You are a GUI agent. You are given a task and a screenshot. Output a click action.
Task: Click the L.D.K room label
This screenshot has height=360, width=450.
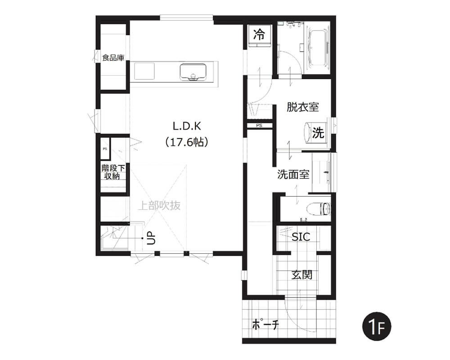click(x=187, y=126)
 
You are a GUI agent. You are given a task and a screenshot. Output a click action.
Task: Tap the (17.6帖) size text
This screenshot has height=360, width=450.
click(x=187, y=142)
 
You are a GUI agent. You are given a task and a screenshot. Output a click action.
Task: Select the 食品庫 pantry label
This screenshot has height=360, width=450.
click(x=113, y=58)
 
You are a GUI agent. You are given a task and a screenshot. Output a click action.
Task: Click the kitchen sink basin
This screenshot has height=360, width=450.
click(x=193, y=72)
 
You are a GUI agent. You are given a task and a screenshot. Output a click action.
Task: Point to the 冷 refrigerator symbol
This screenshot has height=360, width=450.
click(x=259, y=35)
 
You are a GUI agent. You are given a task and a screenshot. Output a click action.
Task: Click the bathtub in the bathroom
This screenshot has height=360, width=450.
click(x=317, y=49)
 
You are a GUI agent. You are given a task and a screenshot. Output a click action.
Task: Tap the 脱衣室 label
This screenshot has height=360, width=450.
click(x=302, y=107)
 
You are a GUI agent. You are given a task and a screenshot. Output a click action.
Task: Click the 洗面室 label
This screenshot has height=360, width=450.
click(x=293, y=174)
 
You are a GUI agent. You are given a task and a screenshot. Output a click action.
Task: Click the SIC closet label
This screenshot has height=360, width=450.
click(x=301, y=237)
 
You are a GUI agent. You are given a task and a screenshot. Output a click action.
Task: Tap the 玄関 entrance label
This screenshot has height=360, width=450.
click(x=302, y=275)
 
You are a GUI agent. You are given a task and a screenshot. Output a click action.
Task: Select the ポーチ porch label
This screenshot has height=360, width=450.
click(x=265, y=325)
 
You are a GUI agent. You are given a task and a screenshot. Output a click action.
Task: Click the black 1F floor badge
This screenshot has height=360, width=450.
click(x=377, y=326)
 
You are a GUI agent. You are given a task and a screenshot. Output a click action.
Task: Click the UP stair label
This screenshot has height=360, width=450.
click(x=151, y=238)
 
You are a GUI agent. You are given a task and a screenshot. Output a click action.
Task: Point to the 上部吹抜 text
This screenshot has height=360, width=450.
click(x=159, y=206)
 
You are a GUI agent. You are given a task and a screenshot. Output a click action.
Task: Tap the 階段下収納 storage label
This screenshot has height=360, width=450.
click(x=113, y=172)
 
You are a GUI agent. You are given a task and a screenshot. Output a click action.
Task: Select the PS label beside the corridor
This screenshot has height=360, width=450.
click(x=259, y=126)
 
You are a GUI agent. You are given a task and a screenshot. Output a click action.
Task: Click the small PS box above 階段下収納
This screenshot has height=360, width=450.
click(x=105, y=148)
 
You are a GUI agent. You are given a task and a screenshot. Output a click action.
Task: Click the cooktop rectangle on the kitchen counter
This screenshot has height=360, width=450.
click(x=144, y=71)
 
